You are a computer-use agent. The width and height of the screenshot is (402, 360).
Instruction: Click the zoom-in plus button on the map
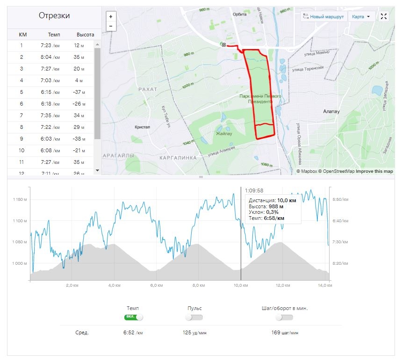pyautogui.click(x=111, y=16)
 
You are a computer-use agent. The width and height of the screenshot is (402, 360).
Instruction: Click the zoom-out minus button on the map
pyautogui.click(x=111, y=26)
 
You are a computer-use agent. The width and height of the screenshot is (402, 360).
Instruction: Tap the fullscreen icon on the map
pyautogui.click(x=384, y=17)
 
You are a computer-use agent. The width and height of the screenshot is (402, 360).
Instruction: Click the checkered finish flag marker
pyautogui.click(x=224, y=45)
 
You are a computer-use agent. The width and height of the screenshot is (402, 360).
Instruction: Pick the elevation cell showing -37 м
pyautogui.click(x=79, y=92)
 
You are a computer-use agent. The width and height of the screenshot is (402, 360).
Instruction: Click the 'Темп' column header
pyautogui.click(x=54, y=35)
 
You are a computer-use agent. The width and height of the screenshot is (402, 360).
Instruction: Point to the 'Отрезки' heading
pyautogui.click(x=54, y=16)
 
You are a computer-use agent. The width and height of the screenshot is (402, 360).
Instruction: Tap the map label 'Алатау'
pyautogui.click(x=331, y=112)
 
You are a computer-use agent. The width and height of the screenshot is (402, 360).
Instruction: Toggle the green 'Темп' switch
pyautogui.click(x=133, y=318)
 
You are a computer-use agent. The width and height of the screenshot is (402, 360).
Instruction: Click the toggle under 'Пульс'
pyautogui.click(x=194, y=318)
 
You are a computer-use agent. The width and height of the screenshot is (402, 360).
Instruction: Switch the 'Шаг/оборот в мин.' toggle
pyautogui.click(x=284, y=318)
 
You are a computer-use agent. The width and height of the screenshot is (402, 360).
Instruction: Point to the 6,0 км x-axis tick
pyautogui.click(x=156, y=285)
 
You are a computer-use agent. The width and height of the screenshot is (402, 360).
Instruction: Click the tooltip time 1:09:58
pyautogui.click(x=254, y=191)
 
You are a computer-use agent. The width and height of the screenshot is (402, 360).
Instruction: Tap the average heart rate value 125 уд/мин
pyautogui.click(x=194, y=333)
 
